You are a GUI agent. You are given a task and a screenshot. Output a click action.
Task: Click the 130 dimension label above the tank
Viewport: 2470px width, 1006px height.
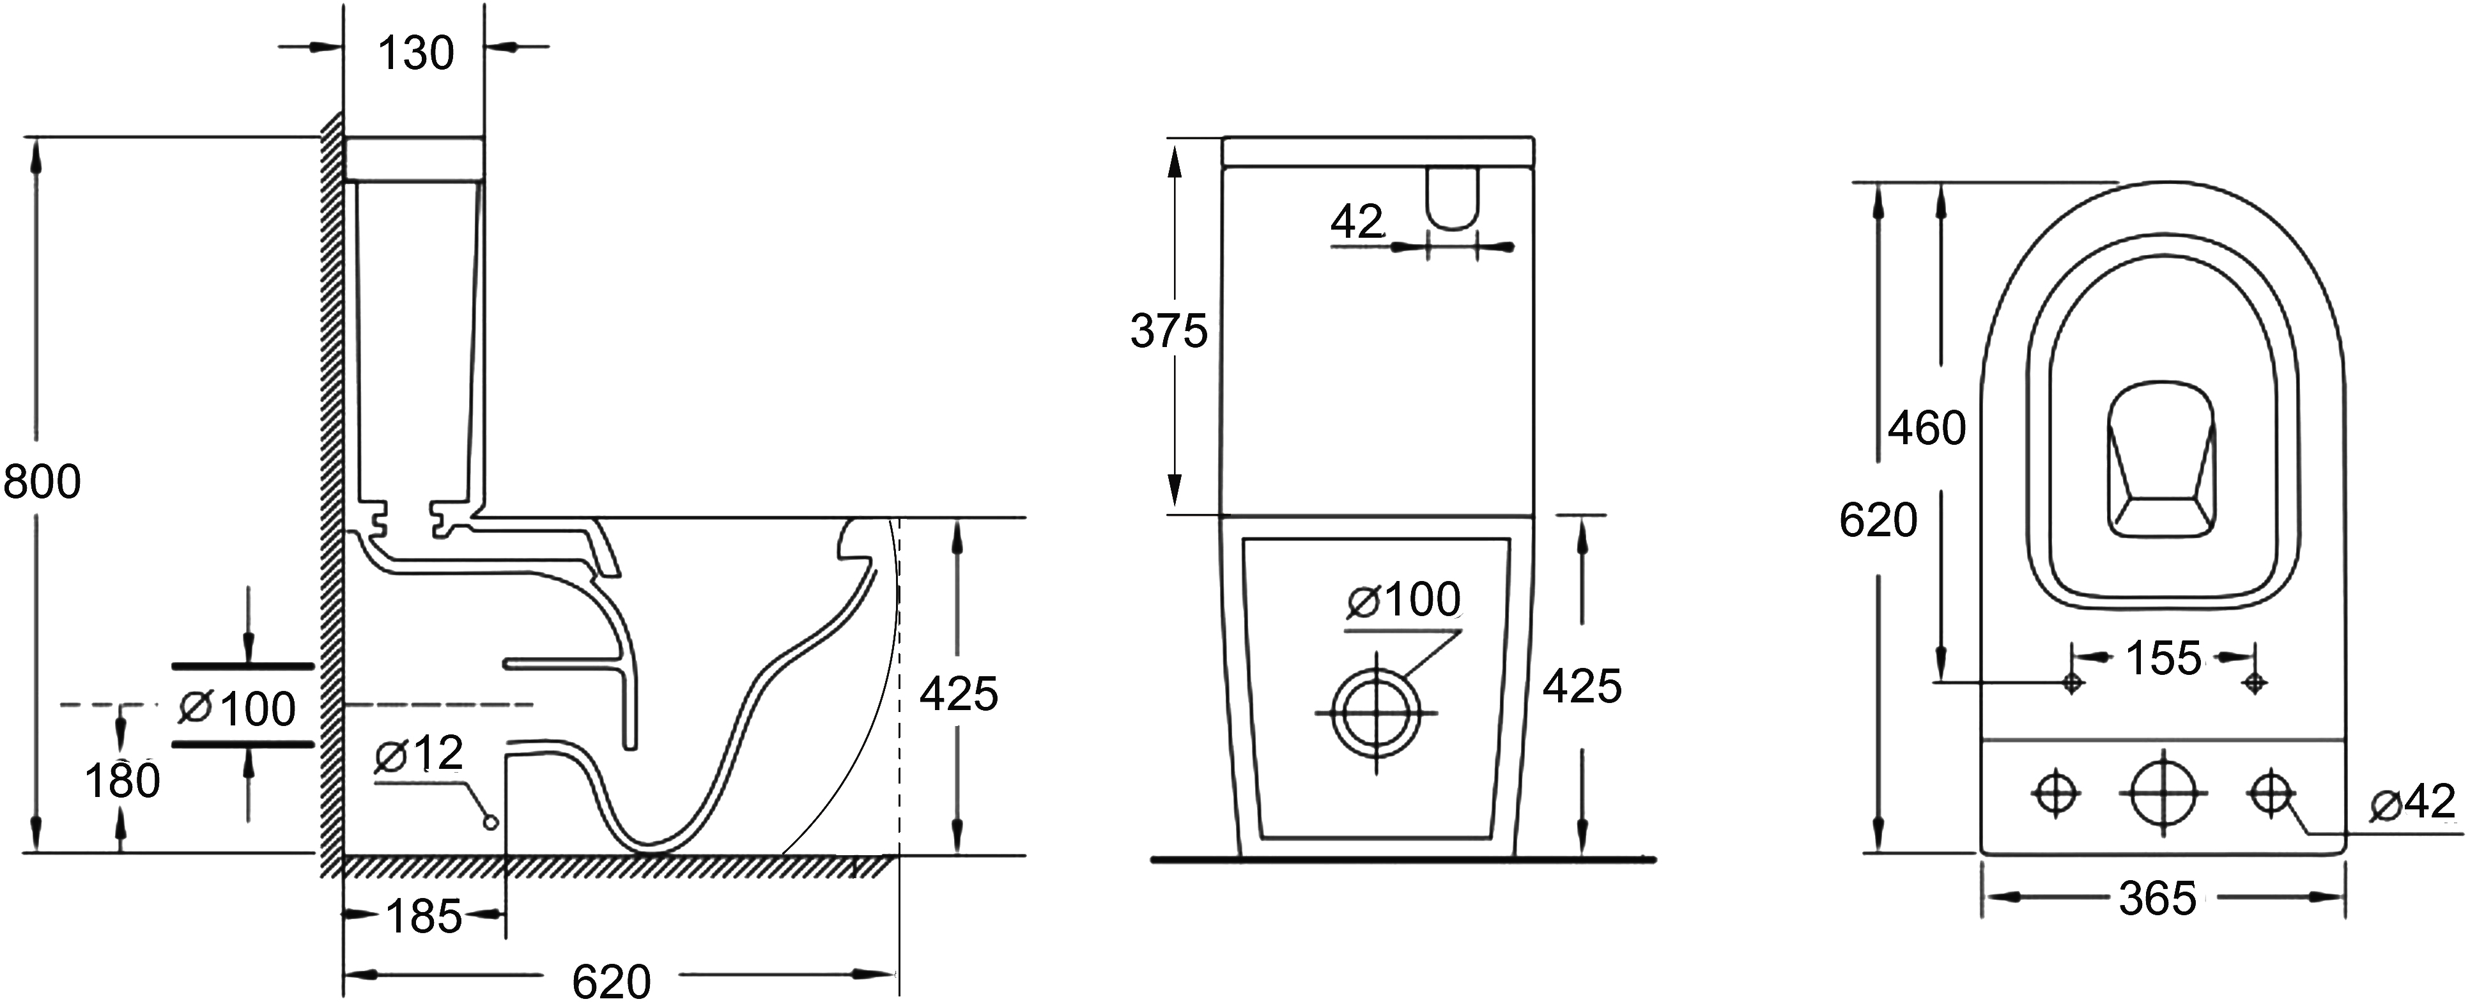(415, 54)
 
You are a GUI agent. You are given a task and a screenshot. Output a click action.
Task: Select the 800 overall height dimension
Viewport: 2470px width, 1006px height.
(42, 481)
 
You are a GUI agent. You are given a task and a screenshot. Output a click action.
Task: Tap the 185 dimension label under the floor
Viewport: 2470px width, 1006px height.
(424, 917)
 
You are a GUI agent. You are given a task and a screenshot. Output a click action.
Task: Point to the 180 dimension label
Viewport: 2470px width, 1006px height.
(123, 780)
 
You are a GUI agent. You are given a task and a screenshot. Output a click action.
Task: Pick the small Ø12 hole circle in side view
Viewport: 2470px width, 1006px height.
(491, 822)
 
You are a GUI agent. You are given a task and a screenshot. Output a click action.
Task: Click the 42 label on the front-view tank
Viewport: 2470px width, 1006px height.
(1357, 222)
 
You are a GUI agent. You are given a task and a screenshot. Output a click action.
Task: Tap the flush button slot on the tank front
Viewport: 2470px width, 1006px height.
(1453, 199)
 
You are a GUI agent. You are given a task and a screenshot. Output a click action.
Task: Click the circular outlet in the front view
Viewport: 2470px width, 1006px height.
(1376, 713)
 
